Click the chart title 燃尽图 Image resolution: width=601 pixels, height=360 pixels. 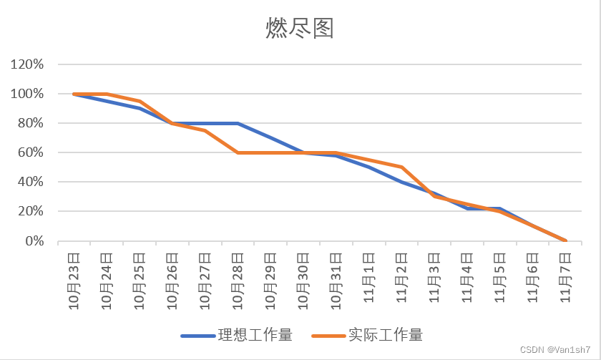(300, 29)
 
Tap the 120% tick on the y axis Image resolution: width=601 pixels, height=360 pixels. (27, 64)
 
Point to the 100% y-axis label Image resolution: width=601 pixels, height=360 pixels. (27, 94)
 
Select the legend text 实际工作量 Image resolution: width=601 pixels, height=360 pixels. (386, 335)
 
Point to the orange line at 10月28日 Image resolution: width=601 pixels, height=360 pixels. (238, 152)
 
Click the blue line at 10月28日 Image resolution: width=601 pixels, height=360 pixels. (238, 123)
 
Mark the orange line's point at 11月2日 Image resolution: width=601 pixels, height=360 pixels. (402, 167)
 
